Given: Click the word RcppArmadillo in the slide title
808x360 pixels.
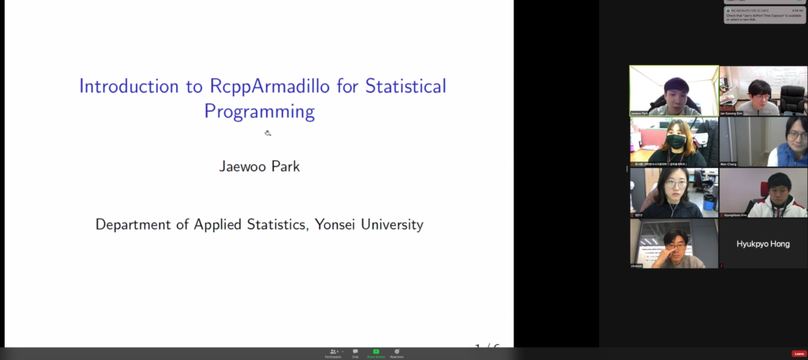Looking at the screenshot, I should (252, 86).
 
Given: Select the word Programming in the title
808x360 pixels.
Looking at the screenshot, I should (259, 111).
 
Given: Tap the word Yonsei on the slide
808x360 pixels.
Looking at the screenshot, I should (339, 224).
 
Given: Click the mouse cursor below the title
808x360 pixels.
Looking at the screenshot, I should (267, 133).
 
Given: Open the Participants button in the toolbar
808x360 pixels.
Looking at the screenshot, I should (333, 352).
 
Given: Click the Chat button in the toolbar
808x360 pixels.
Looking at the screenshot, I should (355, 352).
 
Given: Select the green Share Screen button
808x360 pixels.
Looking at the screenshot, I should (376, 352).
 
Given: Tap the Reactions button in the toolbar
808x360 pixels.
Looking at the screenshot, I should (397, 352).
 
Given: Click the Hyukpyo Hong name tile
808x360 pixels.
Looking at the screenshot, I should (763, 244).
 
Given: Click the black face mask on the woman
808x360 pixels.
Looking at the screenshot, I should (676, 142).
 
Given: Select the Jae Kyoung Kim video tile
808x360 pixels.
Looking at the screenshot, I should (763, 91).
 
